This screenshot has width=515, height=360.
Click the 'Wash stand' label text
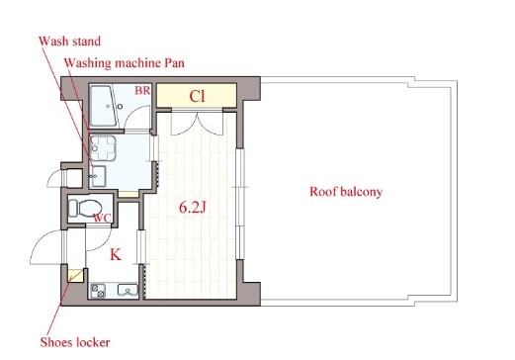coord(69,42)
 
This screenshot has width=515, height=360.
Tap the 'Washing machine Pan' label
coord(125,63)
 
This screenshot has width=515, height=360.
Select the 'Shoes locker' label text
coord(75,342)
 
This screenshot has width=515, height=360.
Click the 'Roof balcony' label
coord(346,192)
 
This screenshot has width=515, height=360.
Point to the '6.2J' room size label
coord(193,208)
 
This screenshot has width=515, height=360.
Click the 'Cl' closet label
coord(197,96)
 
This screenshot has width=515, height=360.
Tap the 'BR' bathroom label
coord(142,90)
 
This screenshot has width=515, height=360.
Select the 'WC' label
coord(102,218)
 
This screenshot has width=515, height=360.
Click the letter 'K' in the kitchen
coord(116,255)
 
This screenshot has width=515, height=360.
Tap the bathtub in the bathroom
coord(103,106)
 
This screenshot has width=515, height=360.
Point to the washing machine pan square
coord(103,148)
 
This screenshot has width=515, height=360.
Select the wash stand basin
coord(98,176)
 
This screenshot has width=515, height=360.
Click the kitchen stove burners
coord(98,291)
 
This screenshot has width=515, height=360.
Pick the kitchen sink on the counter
coord(128,290)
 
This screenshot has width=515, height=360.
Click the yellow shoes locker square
coord(76,276)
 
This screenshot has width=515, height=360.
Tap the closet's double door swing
coord(198,125)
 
